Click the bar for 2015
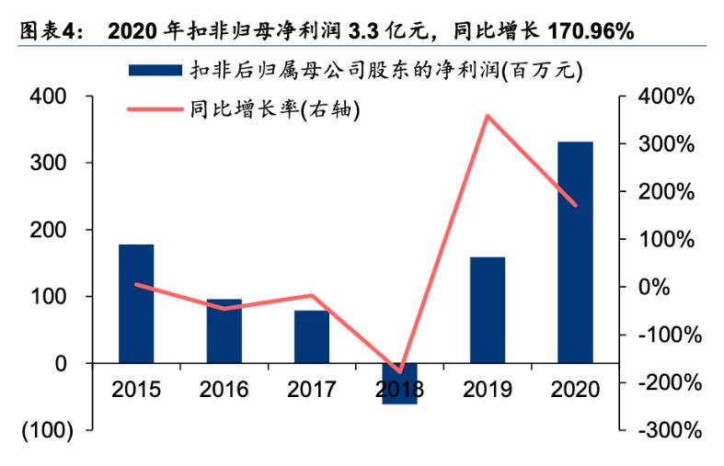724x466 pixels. pos(136,303)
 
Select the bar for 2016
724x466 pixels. pos(224,330)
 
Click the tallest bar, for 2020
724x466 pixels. pos(575,252)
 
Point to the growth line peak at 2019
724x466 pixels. pos(487,116)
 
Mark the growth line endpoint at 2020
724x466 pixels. pos(575,205)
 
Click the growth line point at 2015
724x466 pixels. pos(136,284)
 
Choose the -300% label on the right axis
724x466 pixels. pos(669,429)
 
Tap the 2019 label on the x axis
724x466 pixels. pos(487,389)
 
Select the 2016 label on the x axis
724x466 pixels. pos(224,389)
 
